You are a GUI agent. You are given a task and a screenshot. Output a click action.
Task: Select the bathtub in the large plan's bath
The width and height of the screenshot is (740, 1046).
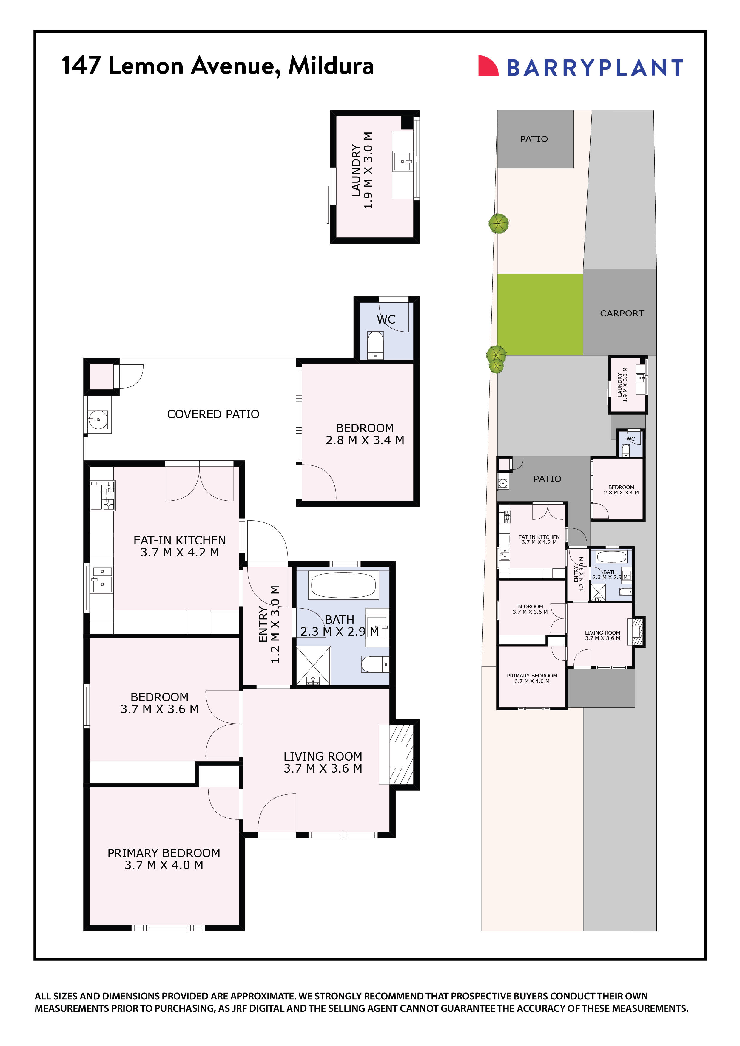[343, 585]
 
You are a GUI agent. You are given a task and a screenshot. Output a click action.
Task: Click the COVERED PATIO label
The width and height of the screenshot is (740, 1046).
[213, 414]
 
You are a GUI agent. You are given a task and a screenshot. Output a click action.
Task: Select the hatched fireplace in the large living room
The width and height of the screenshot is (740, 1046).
[402, 754]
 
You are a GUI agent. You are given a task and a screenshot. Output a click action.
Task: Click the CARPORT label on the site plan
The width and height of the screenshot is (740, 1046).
[622, 313]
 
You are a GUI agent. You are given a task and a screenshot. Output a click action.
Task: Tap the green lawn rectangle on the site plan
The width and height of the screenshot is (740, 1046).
[539, 314]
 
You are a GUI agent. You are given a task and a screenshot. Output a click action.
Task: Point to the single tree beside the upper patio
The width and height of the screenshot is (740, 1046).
[498, 224]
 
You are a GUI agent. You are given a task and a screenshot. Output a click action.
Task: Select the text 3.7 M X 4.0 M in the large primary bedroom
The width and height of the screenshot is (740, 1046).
[164, 865]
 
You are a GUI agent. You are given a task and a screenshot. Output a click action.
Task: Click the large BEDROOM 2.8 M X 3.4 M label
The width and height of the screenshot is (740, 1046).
[365, 434]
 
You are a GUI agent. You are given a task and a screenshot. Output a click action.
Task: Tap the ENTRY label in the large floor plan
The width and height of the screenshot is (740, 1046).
[263, 624]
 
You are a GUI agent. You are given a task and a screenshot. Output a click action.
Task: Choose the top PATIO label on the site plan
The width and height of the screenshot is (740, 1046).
[534, 139]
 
